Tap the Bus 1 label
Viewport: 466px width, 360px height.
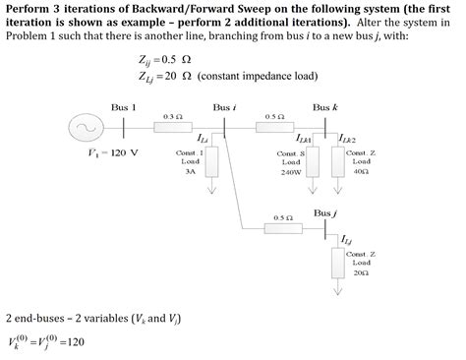click(x=123, y=106)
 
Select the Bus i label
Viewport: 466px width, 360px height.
click(x=223, y=106)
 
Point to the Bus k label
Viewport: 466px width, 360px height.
click(x=326, y=106)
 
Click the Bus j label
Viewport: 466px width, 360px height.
click(x=326, y=212)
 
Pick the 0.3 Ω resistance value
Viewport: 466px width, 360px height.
click(x=172, y=115)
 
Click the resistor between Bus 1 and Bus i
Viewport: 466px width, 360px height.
click(x=172, y=126)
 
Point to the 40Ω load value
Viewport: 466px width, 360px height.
click(x=362, y=170)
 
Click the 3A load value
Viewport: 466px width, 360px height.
click(x=191, y=170)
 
